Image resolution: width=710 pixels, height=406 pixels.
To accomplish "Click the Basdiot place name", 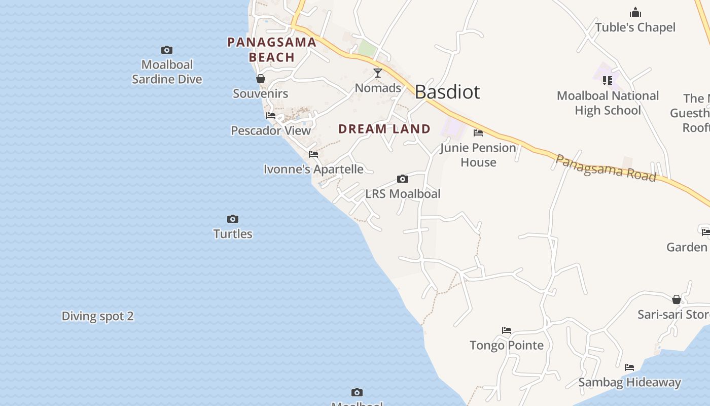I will (447, 92).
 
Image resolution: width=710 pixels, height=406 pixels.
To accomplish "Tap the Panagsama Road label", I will (606, 167).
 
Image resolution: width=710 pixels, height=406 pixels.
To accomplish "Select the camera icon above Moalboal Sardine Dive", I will (167, 50).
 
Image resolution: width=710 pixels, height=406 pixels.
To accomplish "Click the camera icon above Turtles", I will (233, 219).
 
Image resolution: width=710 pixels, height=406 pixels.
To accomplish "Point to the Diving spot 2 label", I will (97, 316).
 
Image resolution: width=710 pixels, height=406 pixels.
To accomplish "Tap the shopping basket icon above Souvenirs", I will (261, 79).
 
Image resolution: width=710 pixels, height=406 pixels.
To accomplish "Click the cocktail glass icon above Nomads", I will (378, 73).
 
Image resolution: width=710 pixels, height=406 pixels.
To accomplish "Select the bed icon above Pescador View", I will (271, 116).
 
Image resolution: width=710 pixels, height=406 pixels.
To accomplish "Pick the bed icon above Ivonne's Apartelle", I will (313, 154).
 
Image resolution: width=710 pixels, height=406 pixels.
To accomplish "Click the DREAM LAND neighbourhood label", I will (384, 129).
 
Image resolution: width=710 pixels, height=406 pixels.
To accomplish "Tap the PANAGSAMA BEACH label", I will (272, 50).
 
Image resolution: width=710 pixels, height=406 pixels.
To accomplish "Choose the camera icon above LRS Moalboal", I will (403, 179).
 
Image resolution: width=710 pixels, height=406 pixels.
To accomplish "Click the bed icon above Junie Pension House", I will (478, 133).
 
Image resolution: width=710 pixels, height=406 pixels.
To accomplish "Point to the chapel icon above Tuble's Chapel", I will (635, 13).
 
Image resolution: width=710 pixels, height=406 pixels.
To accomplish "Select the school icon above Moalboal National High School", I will (608, 80).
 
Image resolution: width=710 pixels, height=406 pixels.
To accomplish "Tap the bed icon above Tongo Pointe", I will (507, 330).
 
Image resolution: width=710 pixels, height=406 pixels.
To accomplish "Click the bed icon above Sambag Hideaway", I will (629, 367).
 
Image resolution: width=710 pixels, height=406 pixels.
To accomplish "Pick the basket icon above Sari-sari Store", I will (677, 299).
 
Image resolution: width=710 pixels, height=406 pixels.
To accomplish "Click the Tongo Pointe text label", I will (507, 346).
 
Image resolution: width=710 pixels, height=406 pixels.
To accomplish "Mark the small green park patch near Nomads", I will (367, 49).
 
